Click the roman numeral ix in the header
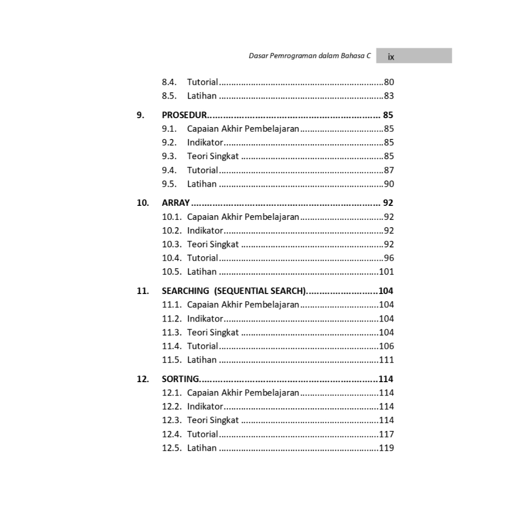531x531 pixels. (391, 57)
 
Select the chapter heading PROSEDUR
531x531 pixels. (184, 115)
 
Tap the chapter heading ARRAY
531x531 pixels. (176, 203)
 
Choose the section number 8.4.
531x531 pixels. (169, 82)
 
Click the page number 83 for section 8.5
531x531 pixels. (389, 96)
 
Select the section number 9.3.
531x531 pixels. (169, 156)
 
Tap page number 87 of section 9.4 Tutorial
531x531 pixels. (389, 170)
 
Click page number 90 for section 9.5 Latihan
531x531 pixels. (389, 184)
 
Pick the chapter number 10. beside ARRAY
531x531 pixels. (143, 203)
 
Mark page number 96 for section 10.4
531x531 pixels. (389, 258)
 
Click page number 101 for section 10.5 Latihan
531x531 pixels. (386, 272)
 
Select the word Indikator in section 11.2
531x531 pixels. (205, 318)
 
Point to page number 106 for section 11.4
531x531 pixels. (386, 346)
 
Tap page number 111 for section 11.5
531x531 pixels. (386, 360)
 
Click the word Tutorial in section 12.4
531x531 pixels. (202, 434)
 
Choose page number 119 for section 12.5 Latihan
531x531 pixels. (386, 448)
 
